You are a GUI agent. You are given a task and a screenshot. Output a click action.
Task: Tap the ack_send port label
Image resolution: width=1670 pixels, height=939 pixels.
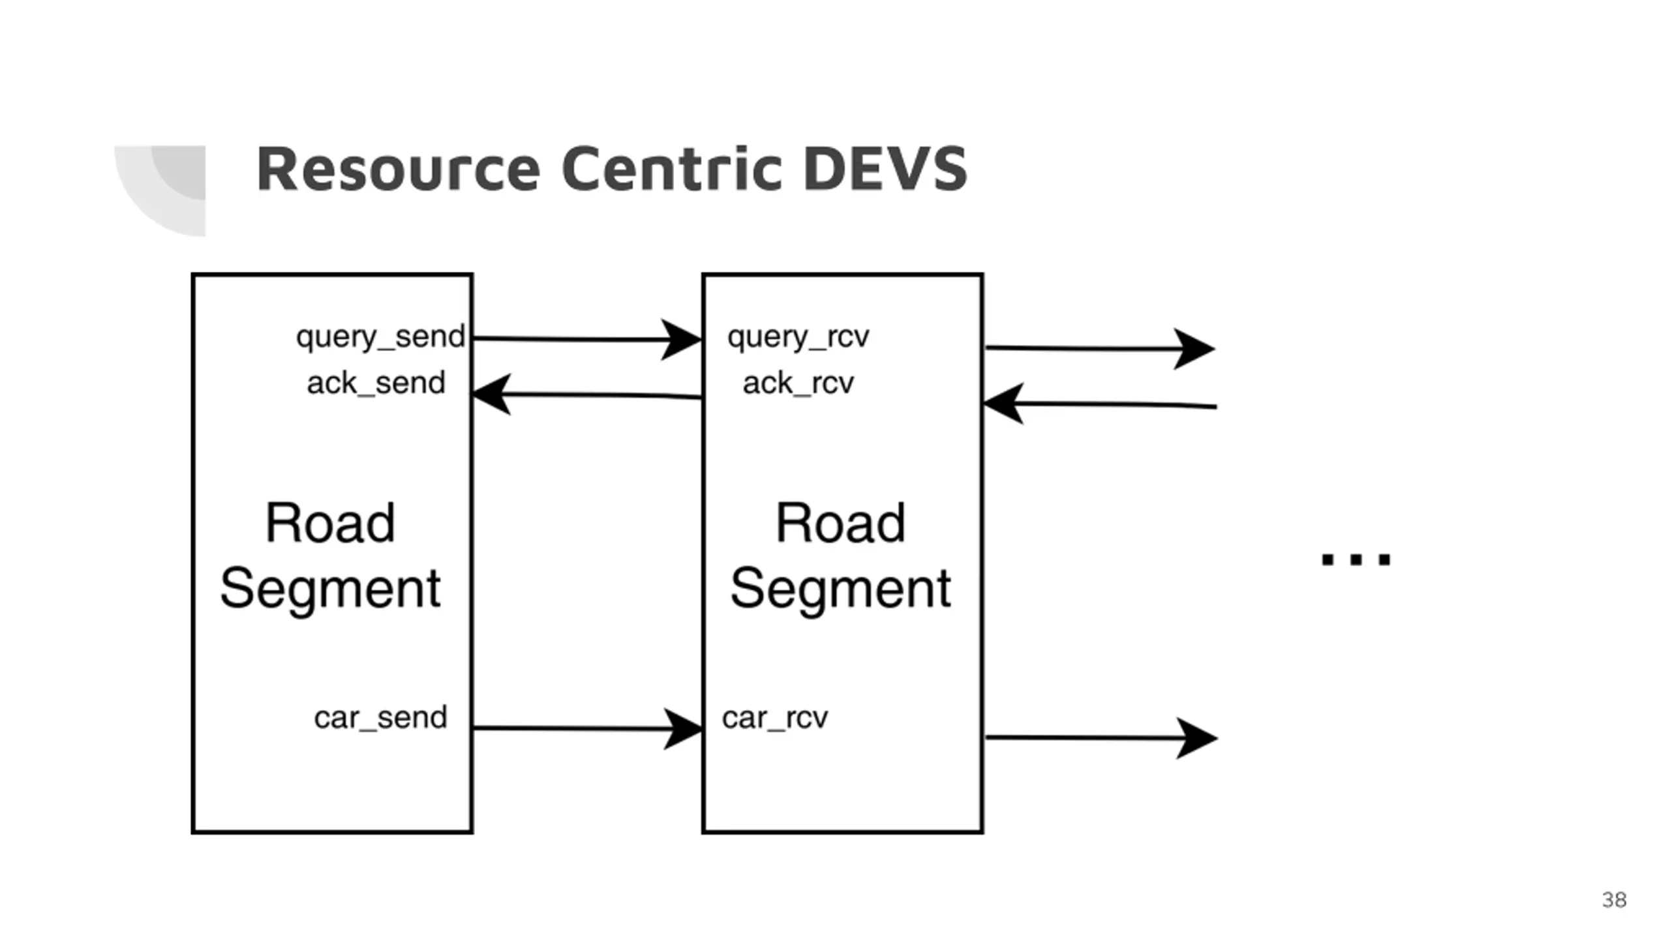tap(376, 383)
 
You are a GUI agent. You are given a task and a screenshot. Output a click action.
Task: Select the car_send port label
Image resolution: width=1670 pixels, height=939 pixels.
tap(380, 718)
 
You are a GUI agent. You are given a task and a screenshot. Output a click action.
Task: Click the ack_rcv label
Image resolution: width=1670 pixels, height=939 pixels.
tap(798, 383)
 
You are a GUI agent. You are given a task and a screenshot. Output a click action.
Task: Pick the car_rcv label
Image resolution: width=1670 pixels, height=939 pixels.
tap(775, 718)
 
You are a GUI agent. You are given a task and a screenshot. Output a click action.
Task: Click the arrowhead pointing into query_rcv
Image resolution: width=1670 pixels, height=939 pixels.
tap(681, 339)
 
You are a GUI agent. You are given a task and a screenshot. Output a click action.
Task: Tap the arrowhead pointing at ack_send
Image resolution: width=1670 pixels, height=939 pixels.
tap(492, 394)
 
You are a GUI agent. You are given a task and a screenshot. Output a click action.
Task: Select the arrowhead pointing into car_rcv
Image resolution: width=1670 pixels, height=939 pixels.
tap(683, 728)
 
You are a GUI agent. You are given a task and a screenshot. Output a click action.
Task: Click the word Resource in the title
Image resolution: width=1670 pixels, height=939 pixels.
tap(399, 169)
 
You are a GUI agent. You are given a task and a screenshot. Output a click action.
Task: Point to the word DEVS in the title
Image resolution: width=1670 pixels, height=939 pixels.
tap(885, 169)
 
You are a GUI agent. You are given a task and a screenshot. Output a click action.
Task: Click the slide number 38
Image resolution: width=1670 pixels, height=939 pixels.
tap(1614, 900)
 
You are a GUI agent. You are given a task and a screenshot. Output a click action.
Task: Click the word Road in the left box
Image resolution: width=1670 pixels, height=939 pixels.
tap(331, 523)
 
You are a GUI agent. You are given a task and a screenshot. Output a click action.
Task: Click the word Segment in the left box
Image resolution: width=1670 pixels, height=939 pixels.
tap(331, 589)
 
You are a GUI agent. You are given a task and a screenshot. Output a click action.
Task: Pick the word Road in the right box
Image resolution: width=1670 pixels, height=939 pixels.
tap(841, 523)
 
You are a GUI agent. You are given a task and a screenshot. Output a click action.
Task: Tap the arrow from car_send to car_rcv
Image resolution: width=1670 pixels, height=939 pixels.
tap(588, 728)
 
